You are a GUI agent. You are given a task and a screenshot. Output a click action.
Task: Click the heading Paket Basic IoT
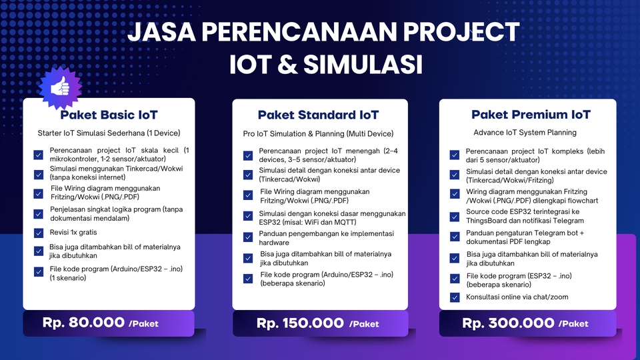tap(109, 115)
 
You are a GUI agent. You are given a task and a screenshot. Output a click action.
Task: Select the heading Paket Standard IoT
tap(319, 115)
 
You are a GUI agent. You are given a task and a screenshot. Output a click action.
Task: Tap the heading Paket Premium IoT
tap(531, 115)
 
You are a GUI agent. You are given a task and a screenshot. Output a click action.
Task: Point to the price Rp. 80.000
tap(83, 323)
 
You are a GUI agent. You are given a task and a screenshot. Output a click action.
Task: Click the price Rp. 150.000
tap(300, 323)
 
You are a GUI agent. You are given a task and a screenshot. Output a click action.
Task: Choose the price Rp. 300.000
tap(508, 323)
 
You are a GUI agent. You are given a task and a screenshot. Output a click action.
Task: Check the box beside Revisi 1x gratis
tap(39, 233)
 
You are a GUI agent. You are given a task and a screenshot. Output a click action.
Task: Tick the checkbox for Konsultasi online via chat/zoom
tap(455, 297)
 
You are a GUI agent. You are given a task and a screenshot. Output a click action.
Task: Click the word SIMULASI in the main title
tap(363, 65)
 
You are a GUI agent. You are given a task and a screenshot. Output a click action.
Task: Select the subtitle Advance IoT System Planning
tap(525, 133)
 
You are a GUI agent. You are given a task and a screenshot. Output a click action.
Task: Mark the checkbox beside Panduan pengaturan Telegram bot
tap(455, 237)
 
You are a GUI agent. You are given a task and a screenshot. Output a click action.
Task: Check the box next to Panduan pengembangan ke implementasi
tap(248, 237)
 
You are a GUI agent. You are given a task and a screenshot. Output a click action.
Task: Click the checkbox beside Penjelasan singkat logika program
tap(39, 214)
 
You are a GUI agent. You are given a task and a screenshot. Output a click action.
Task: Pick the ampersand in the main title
tap(287, 65)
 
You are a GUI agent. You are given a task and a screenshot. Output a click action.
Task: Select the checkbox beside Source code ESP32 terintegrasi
tap(455, 216)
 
